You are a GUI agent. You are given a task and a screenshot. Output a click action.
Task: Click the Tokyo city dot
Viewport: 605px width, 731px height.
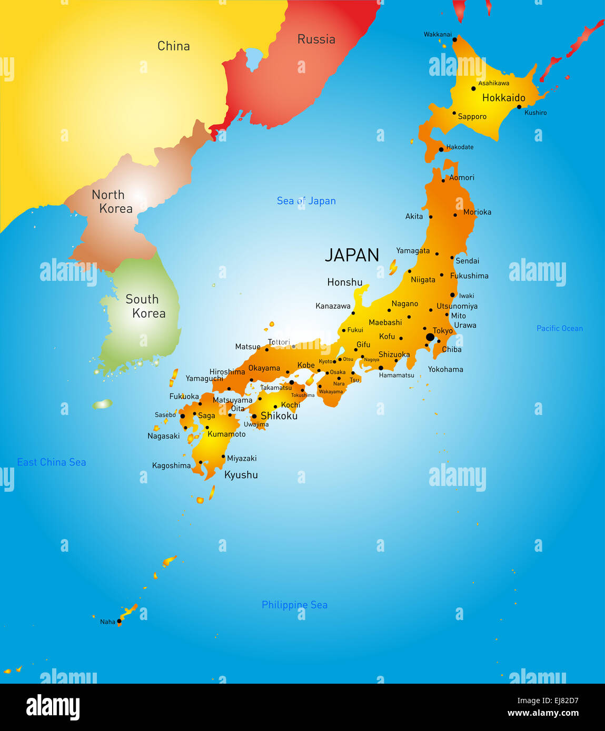(430, 337)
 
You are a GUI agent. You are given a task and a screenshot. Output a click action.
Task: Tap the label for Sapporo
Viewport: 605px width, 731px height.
(472, 117)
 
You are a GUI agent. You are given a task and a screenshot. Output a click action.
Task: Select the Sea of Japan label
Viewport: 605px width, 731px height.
(306, 201)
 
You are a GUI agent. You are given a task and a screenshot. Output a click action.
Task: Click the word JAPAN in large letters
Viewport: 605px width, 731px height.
(352, 255)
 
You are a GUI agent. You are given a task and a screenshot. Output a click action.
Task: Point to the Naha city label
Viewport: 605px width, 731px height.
(107, 622)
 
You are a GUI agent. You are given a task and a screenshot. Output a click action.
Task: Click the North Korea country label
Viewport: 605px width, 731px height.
(112, 201)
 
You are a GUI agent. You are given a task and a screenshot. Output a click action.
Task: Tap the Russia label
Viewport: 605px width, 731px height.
(316, 39)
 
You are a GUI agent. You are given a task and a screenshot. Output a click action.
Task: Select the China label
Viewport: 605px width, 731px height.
(173, 46)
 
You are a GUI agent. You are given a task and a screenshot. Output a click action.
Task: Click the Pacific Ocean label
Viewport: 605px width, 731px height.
(559, 329)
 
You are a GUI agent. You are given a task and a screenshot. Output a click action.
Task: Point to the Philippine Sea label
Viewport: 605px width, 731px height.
(294, 605)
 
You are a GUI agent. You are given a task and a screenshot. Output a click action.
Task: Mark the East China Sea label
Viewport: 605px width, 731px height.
(52, 462)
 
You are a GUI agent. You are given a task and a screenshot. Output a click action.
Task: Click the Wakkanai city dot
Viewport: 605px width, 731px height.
(454, 39)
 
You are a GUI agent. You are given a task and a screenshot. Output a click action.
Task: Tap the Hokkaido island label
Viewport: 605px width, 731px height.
(503, 98)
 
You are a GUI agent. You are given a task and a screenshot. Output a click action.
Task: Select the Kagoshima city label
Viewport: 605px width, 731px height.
(171, 465)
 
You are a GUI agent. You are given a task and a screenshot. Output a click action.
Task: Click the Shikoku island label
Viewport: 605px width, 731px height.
(279, 416)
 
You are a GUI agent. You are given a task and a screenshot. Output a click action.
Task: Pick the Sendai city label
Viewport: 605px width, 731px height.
(467, 261)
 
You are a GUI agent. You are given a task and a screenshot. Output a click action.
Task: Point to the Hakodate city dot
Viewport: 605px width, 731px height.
(441, 150)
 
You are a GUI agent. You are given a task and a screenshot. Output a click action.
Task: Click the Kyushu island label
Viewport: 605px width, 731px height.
(241, 475)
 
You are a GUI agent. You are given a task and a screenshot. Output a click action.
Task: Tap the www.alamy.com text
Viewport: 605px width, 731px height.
(543, 713)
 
